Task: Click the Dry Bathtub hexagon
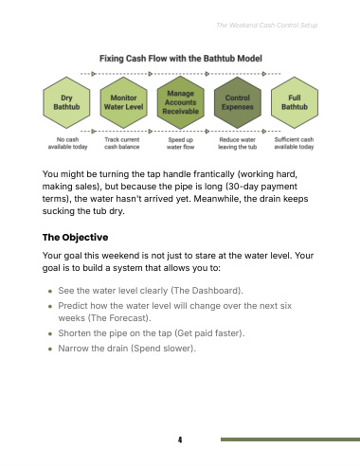pyautogui.click(x=66, y=102)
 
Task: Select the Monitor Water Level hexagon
pyautogui.click(x=123, y=102)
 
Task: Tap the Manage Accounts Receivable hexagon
pyautogui.click(x=181, y=102)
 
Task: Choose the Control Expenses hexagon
pyautogui.click(x=238, y=102)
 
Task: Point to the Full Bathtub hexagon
pyautogui.click(x=295, y=102)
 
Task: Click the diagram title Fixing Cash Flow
pyautogui.click(x=181, y=59)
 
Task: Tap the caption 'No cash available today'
pyautogui.click(x=67, y=143)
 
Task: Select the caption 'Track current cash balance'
pyautogui.click(x=122, y=143)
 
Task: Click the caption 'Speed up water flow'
pyautogui.click(x=181, y=143)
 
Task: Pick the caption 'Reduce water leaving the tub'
pyautogui.click(x=238, y=143)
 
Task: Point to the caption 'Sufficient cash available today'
pyautogui.click(x=294, y=143)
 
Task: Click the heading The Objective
pyautogui.click(x=75, y=238)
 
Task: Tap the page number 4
pyautogui.click(x=180, y=439)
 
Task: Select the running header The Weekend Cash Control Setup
pyautogui.click(x=267, y=26)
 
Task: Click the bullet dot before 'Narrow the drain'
pyautogui.click(x=50, y=349)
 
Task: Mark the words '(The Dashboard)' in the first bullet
pyautogui.click(x=207, y=291)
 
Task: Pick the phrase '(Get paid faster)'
pyautogui.click(x=209, y=333)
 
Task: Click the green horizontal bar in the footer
pyautogui.click(x=290, y=439)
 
